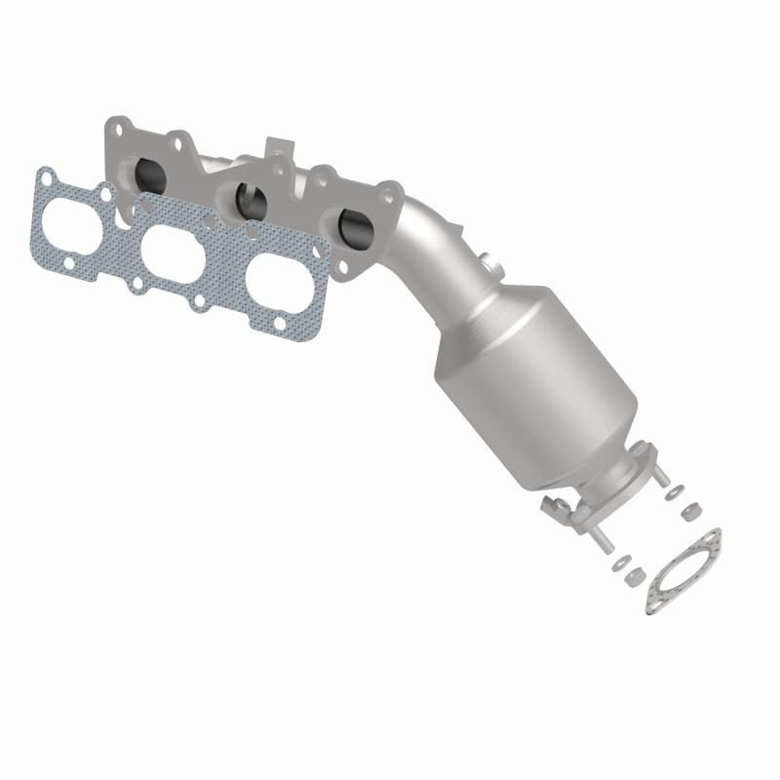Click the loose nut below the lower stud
(x=635, y=573)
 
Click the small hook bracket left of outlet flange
(x=557, y=506)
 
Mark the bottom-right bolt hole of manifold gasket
(x=280, y=323)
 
